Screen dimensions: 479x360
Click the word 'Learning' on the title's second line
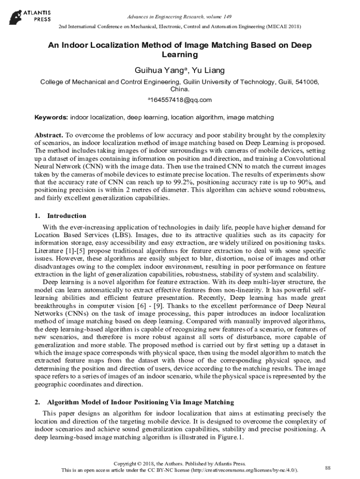tap(180, 55)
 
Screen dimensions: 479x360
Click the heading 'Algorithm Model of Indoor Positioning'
tap(140, 402)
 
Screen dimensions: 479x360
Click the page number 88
tap(327, 468)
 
